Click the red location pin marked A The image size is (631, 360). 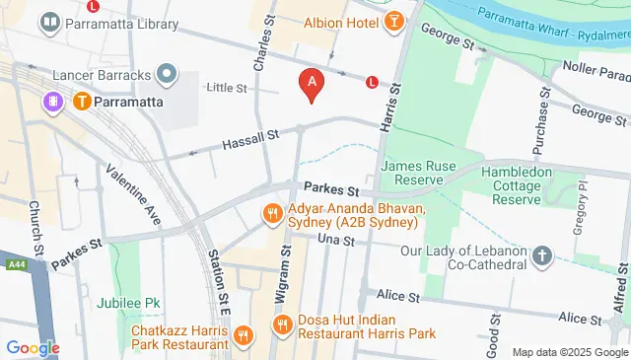(313, 85)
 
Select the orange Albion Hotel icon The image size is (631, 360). (394, 21)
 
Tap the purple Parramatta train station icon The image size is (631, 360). (51, 101)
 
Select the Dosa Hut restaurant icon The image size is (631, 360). (282, 325)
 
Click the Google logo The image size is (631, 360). (33, 347)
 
